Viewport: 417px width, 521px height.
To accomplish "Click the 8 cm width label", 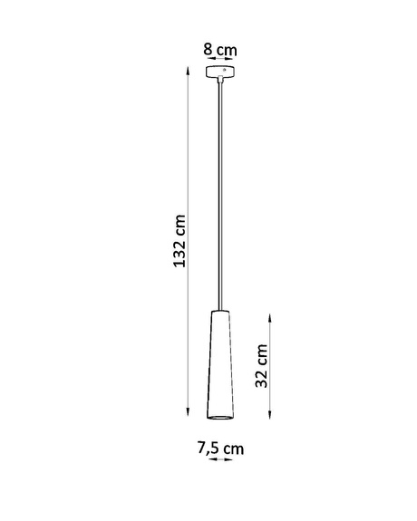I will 220,48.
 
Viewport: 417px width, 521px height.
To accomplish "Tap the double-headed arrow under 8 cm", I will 220,62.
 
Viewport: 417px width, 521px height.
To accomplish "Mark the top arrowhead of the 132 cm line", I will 187,73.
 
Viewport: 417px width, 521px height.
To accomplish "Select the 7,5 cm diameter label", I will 220,448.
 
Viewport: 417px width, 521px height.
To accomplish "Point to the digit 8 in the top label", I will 208,48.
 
